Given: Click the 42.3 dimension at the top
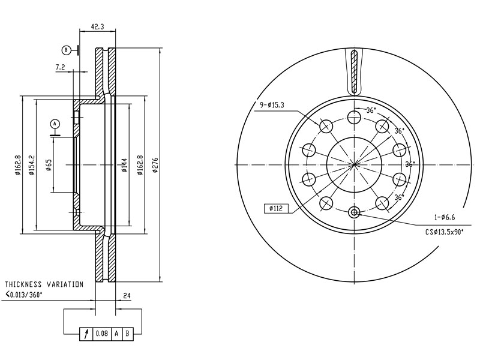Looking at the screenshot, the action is click(97, 26).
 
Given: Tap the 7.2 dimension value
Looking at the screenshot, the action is click(61, 67).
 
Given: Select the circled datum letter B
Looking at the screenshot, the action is click(66, 50).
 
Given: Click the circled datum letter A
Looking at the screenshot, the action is click(55, 124).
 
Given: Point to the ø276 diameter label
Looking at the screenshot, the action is click(155, 166).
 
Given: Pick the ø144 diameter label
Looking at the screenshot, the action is click(124, 166).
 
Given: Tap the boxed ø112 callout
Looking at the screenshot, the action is click(276, 209).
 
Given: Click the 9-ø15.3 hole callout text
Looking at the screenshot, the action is click(272, 105).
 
